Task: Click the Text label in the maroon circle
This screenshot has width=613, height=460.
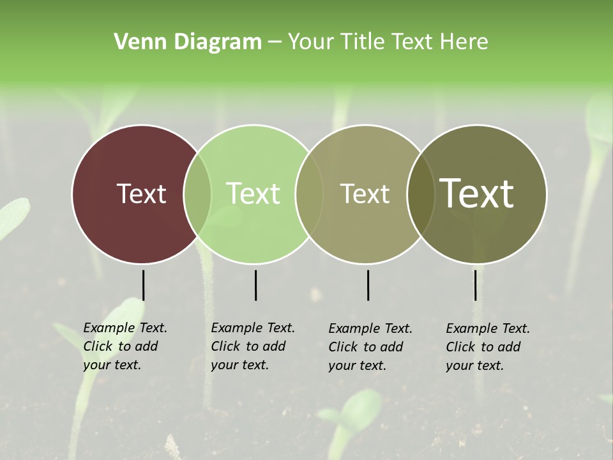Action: [x=142, y=194]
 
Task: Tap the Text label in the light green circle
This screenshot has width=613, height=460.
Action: [x=254, y=194]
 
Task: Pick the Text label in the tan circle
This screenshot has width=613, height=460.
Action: [x=365, y=194]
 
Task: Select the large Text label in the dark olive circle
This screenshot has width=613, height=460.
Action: [x=477, y=194]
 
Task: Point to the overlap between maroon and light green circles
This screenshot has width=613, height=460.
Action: [x=197, y=194]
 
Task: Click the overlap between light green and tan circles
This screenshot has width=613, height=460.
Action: [x=309, y=194]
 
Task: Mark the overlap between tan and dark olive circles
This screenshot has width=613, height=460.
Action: [x=419, y=194]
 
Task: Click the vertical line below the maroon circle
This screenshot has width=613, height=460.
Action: [x=143, y=285]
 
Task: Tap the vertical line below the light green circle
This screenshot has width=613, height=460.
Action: [x=255, y=285]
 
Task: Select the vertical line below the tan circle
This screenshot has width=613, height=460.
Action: [x=368, y=285]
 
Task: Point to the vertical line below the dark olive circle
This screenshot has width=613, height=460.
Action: [x=475, y=285]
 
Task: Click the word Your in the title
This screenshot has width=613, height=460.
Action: [x=310, y=42]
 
